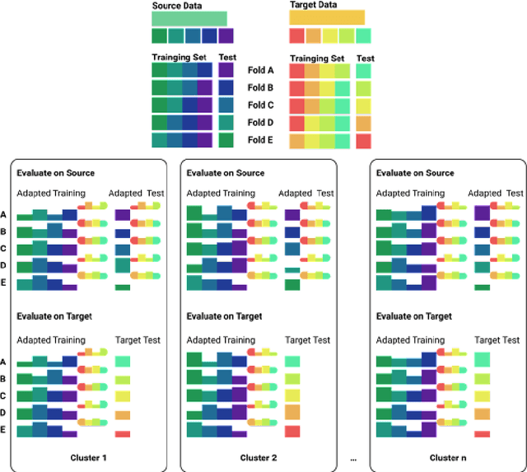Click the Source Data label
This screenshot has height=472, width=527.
click(177, 5)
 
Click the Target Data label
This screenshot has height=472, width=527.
click(313, 5)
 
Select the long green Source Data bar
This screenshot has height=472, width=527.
click(189, 18)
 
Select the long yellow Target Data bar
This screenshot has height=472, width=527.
click(327, 18)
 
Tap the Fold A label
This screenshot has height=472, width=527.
click(260, 71)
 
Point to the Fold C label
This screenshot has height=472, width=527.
click(260, 105)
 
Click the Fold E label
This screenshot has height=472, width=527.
click(260, 140)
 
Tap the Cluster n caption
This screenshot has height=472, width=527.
click(450, 458)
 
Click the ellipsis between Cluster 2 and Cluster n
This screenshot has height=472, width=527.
click(354, 458)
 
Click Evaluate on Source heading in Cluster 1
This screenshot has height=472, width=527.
click(55, 173)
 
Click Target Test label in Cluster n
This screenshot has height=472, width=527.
click(497, 339)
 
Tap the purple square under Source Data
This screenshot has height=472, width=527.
click(226, 36)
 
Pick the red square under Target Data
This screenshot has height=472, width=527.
click(296, 36)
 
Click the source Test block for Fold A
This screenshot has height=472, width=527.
click(226, 72)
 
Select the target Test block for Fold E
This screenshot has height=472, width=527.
click(363, 141)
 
